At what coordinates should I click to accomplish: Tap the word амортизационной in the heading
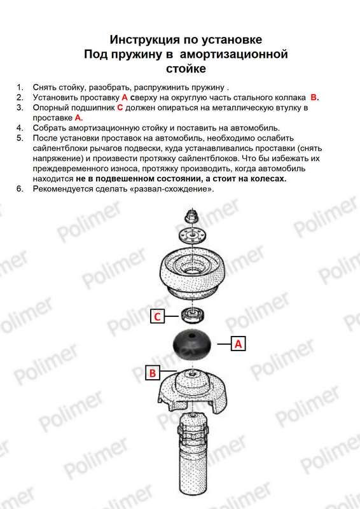point(233,54)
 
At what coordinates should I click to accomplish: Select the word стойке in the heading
point(186,69)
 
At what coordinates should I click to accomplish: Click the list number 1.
point(20,87)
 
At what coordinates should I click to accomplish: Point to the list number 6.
point(20,188)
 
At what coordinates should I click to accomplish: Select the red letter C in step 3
point(120,108)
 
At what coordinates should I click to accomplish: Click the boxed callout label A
point(239,344)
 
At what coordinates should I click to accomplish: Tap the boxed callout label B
point(153,373)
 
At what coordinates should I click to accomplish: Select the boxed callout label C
point(158,316)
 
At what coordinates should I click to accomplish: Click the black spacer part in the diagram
point(191,346)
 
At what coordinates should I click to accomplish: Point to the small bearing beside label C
point(193,315)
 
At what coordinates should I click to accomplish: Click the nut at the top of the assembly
point(191,216)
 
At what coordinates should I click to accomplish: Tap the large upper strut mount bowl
point(193,271)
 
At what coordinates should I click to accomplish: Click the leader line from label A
point(224,344)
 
